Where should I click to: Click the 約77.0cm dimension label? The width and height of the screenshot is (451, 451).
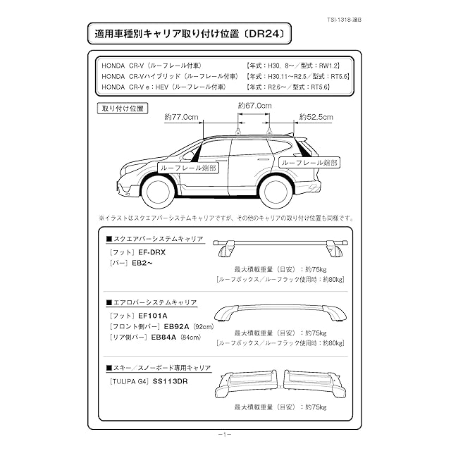click(181, 116)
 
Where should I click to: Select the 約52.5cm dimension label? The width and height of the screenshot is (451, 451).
click(316, 116)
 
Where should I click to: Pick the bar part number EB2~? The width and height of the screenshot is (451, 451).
click(142, 262)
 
